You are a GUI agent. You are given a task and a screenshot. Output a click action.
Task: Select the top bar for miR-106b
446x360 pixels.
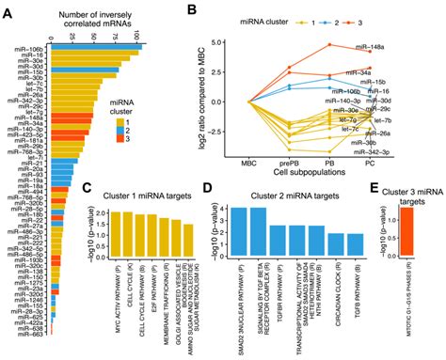click(92, 44)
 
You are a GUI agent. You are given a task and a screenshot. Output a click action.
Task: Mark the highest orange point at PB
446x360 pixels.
click(329, 44)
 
